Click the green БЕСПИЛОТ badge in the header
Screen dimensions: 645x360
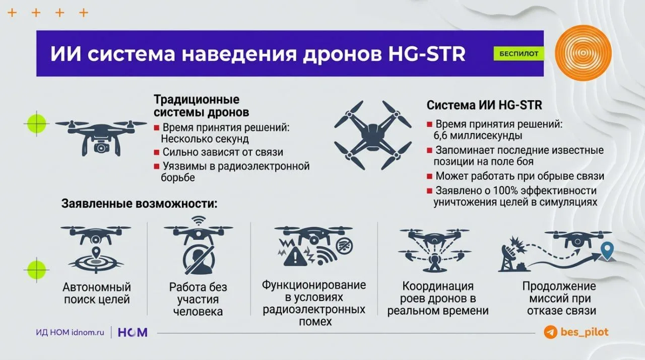point(519,53)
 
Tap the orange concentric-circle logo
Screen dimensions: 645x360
point(583,53)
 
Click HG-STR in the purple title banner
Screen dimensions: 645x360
point(427,53)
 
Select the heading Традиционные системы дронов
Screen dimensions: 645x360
point(201,106)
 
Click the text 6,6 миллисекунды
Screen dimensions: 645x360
point(478,136)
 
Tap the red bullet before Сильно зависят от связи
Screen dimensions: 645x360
point(157,152)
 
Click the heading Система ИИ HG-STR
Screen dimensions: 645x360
point(484,105)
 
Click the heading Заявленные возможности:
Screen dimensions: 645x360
point(140,204)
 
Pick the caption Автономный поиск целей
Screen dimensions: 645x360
point(97,293)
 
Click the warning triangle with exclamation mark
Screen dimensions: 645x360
point(295,257)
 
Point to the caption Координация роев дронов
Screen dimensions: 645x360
point(438,292)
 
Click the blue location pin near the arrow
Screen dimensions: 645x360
point(607,251)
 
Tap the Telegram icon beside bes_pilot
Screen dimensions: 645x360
point(550,332)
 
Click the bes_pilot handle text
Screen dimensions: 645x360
point(584,332)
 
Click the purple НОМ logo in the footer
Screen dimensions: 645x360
point(133,332)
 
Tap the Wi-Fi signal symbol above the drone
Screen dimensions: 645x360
point(199,220)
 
